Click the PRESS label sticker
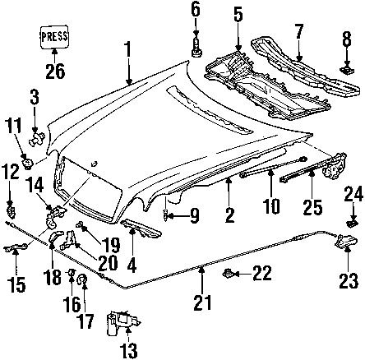[x=53, y=38]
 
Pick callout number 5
[x=238, y=14]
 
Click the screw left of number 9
[x=169, y=216]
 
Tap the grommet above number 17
[x=83, y=283]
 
